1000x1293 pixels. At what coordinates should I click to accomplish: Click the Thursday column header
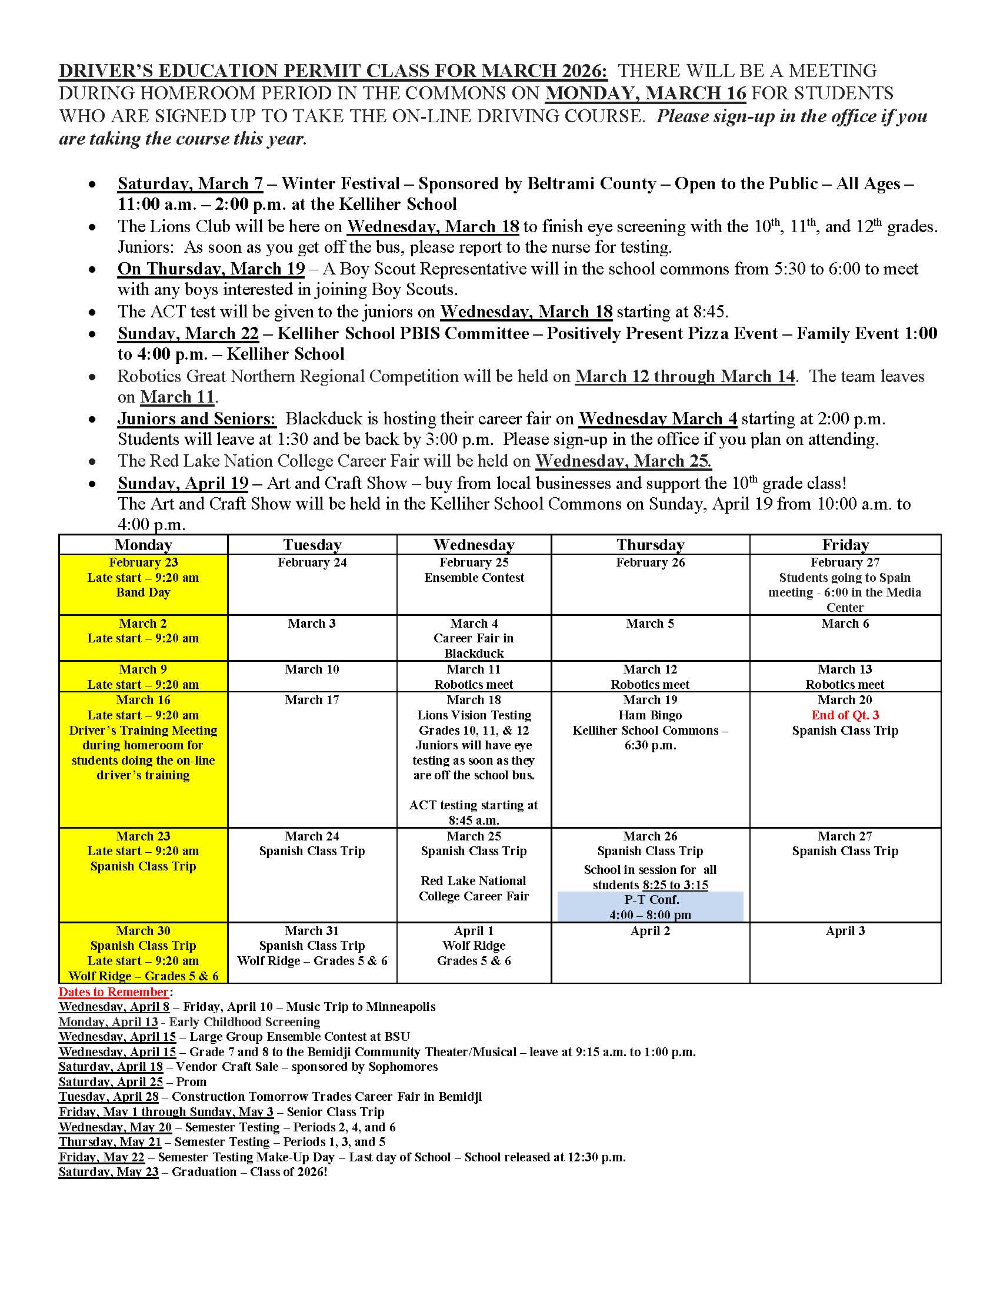(x=650, y=545)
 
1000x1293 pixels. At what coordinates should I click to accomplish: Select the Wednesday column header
(x=474, y=545)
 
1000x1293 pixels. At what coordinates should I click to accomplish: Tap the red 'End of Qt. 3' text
(x=845, y=715)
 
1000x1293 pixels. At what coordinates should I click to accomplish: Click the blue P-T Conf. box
(x=650, y=907)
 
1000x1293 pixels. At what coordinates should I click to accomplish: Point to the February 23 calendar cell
(x=143, y=584)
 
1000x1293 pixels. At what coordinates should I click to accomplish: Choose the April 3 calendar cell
(x=845, y=952)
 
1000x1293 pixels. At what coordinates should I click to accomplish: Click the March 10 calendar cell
(x=312, y=676)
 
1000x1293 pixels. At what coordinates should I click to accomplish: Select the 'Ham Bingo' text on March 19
(x=650, y=715)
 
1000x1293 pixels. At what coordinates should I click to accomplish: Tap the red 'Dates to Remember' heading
(x=113, y=992)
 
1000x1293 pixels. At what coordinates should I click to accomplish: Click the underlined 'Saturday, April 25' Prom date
(x=111, y=1082)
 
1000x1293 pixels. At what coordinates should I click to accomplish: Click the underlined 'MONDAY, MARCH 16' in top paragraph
(x=645, y=93)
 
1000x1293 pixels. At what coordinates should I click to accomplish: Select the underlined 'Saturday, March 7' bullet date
(x=190, y=184)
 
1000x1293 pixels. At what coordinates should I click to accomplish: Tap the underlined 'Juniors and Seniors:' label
(x=196, y=419)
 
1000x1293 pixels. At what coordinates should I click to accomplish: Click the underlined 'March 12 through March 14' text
(x=685, y=377)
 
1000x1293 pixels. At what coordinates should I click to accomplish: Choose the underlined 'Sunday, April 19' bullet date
(x=183, y=484)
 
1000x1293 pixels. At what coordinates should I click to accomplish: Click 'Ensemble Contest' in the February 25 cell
(x=474, y=578)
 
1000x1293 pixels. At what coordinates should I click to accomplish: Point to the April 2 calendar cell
(x=650, y=952)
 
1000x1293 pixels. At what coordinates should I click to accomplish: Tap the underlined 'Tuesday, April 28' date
(x=108, y=1097)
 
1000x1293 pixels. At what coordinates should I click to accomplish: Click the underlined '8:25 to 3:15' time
(x=675, y=885)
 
